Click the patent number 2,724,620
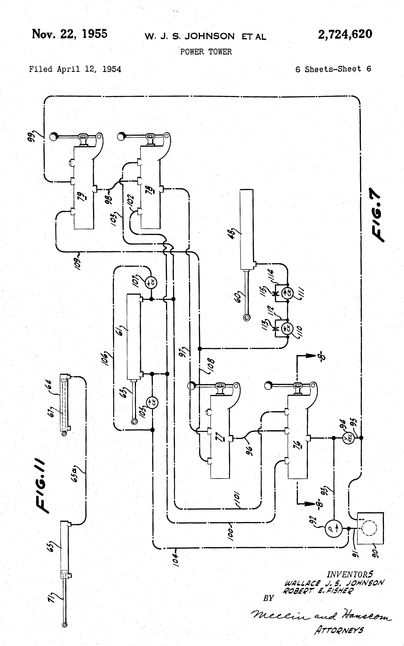coord(345,34)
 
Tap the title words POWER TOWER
coord(206,52)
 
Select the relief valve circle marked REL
coord(348,438)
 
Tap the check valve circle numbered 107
coord(151,282)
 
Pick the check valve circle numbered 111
coord(288,293)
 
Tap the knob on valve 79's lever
coord(54,137)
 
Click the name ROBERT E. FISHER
coord(318,590)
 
